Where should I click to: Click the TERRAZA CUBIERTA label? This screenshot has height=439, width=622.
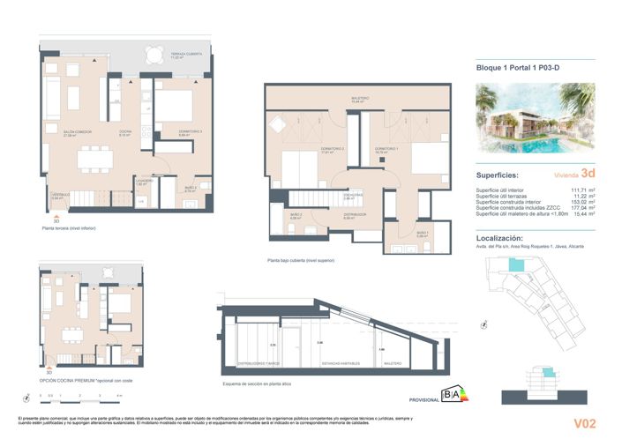click(x=187, y=55)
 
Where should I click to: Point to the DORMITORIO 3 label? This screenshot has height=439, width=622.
click(x=166, y=132)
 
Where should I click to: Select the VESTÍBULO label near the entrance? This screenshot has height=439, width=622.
click(x=59, y=196)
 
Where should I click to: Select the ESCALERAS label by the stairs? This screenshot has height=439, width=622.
click(x=356, y=197)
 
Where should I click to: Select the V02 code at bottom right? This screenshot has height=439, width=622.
click(x=584, y=423)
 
